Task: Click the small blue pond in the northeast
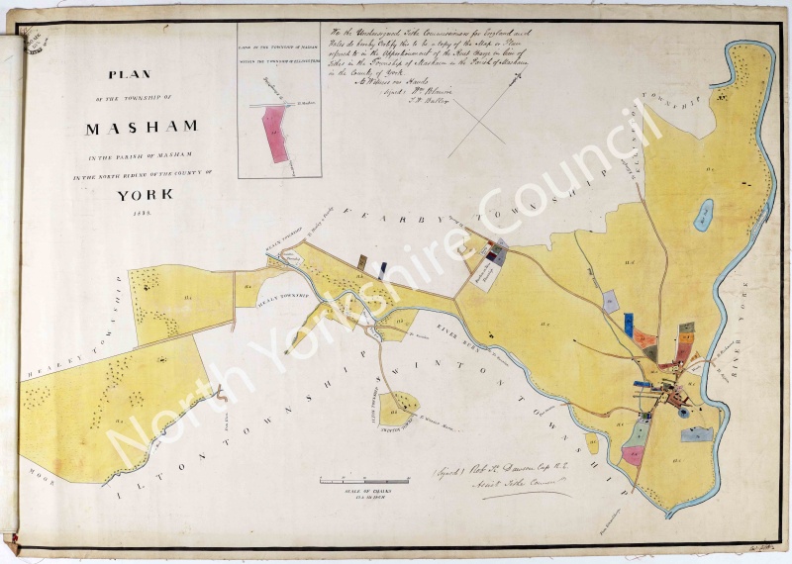pyautogui.click(x=703, y=215)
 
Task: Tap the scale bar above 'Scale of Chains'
pyautogui.click(x=363, y=481)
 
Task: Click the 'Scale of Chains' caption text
pyautogui.click(x=363, y=491)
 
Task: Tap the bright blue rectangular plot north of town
pyautogui.click(x=629, y=324)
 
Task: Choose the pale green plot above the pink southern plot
pyautogui.click(x=641, y=430)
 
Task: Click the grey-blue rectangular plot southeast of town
pyautogui.click(x=696, y=433)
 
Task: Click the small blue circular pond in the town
pyautogui.click(x=684, y=411)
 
